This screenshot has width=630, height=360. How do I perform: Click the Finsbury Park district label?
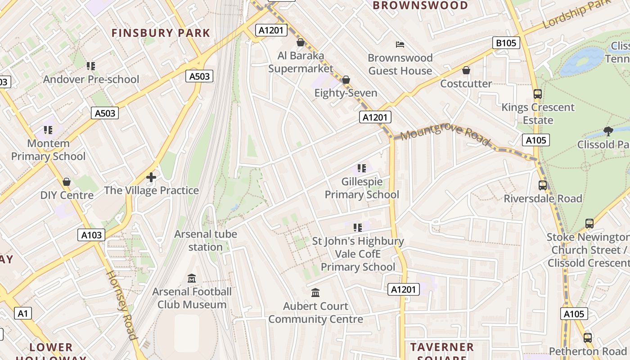point(161,33)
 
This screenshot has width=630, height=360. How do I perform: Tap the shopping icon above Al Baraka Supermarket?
point(301,42)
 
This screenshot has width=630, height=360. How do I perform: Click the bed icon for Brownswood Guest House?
point(400,44)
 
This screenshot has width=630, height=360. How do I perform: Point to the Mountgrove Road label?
point(444,135)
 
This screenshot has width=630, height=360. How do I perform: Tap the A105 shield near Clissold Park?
point(536,140)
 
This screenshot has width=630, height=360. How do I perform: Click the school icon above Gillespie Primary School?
point(361,168)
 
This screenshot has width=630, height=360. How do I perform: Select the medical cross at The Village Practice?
point(151,177)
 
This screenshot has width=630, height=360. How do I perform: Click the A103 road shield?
point(91,234)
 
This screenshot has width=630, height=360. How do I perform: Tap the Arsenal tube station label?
point(206,240)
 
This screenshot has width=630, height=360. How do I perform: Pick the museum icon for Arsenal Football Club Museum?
point(192,278)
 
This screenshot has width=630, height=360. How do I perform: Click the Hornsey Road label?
point(121,305)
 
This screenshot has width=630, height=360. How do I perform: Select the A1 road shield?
point(23,313)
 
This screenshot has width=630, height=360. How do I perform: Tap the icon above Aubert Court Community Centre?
point(315,292)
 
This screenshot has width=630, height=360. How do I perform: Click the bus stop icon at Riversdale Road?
point(543,185)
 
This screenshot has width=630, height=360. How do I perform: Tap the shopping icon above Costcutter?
point(466,70)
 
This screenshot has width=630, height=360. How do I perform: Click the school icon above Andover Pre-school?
point(91,66)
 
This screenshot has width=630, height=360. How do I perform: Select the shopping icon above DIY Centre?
point(67,182)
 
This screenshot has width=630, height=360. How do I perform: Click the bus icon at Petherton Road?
point(588,337)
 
